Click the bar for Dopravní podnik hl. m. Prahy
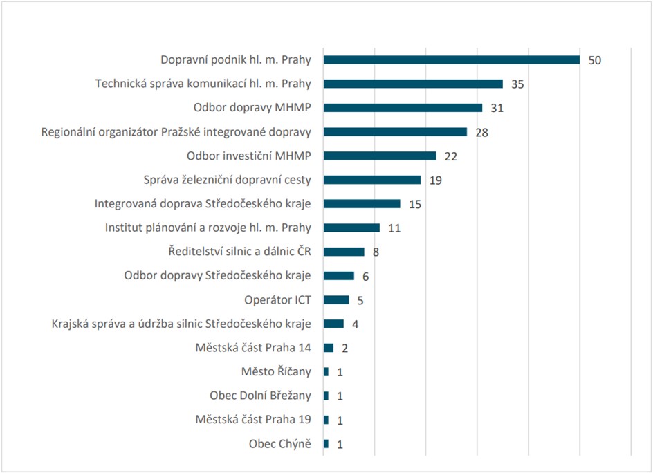(451, 59)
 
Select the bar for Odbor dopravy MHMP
(403, 108)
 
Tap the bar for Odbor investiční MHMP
(380, 156)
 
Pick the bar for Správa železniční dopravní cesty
(372, 180)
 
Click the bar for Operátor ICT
(336, 299)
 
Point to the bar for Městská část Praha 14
(329, 348)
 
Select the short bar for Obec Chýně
(326, 444)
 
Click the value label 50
(595, 60)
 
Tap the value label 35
(517, 84)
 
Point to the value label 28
(482, 132)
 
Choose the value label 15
(415, 204)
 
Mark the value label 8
(376, 252)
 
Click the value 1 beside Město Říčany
(340, 372)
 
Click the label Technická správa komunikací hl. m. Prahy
(203, 84)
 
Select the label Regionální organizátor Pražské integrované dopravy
(176, 131)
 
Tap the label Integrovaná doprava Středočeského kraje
(203, 203)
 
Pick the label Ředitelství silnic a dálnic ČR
(240, 252)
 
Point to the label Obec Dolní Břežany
(260, 396)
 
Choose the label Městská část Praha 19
(253, 419)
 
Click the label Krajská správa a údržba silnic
(181, 324)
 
